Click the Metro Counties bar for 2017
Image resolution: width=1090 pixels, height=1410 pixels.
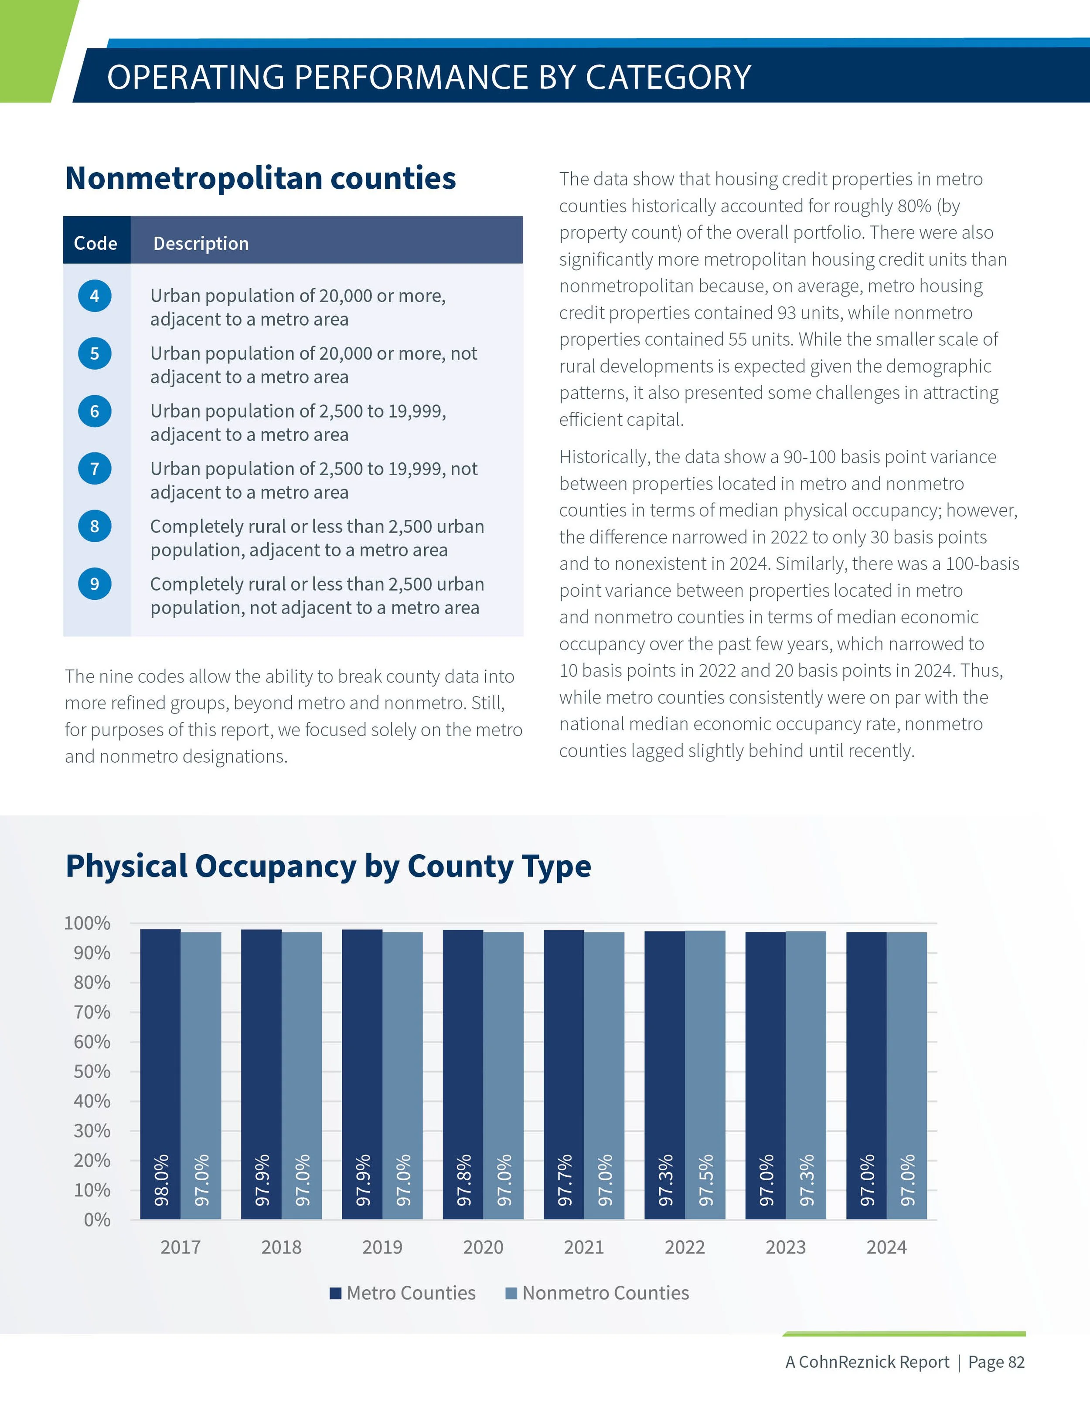coord(160,1072)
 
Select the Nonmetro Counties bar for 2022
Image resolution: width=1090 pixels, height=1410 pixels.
coord(705,1072)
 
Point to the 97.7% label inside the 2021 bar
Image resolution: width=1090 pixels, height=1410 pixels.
coord(564,1181)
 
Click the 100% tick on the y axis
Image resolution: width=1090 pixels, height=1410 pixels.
coord(87,923)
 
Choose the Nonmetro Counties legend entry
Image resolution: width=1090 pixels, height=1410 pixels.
coord(597,1293)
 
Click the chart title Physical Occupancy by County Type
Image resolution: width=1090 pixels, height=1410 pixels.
coord(328,866)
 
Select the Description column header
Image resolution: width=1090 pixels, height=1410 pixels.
coord(201,243)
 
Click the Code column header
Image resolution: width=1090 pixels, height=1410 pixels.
coord(95,243)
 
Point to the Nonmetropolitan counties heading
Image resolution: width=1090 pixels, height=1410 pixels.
coord(260,178)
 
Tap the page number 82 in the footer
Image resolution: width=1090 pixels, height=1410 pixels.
coord(1016,1362)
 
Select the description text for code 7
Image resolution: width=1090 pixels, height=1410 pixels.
coord(314,480)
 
